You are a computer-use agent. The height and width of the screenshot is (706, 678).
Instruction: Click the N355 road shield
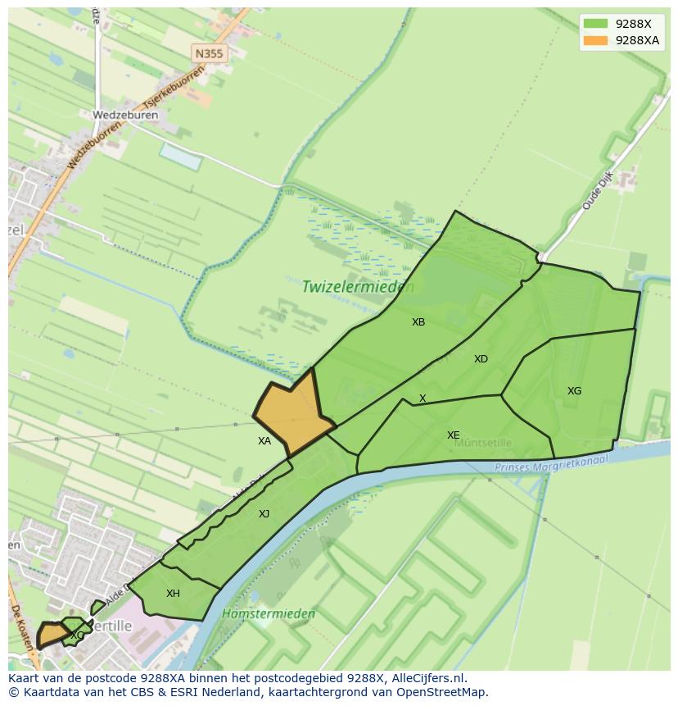tap(209, 53)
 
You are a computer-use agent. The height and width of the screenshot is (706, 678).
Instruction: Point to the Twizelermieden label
tap(358, 287)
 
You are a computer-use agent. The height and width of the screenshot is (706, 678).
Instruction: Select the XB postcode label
tap(418, 322)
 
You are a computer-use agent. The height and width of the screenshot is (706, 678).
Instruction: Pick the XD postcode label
tap(481, 359)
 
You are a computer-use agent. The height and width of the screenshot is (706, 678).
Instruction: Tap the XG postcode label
tap(574, 391)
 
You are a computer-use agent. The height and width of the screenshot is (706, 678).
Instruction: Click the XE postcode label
tap(453, 435)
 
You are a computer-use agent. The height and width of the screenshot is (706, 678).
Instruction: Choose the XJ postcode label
tap(264, 514)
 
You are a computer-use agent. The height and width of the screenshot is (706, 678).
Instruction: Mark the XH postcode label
tap(173, 594)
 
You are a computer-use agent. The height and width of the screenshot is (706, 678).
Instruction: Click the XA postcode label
tap(264, 441)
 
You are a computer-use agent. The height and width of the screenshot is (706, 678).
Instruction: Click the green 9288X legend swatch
tap(595, 23)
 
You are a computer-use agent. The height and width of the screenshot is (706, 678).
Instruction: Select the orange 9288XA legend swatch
tap(595, 40)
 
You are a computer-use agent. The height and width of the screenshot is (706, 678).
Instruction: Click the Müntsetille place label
tap(483, 443)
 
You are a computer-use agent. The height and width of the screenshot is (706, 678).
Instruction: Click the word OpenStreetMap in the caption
tap(443, 692)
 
